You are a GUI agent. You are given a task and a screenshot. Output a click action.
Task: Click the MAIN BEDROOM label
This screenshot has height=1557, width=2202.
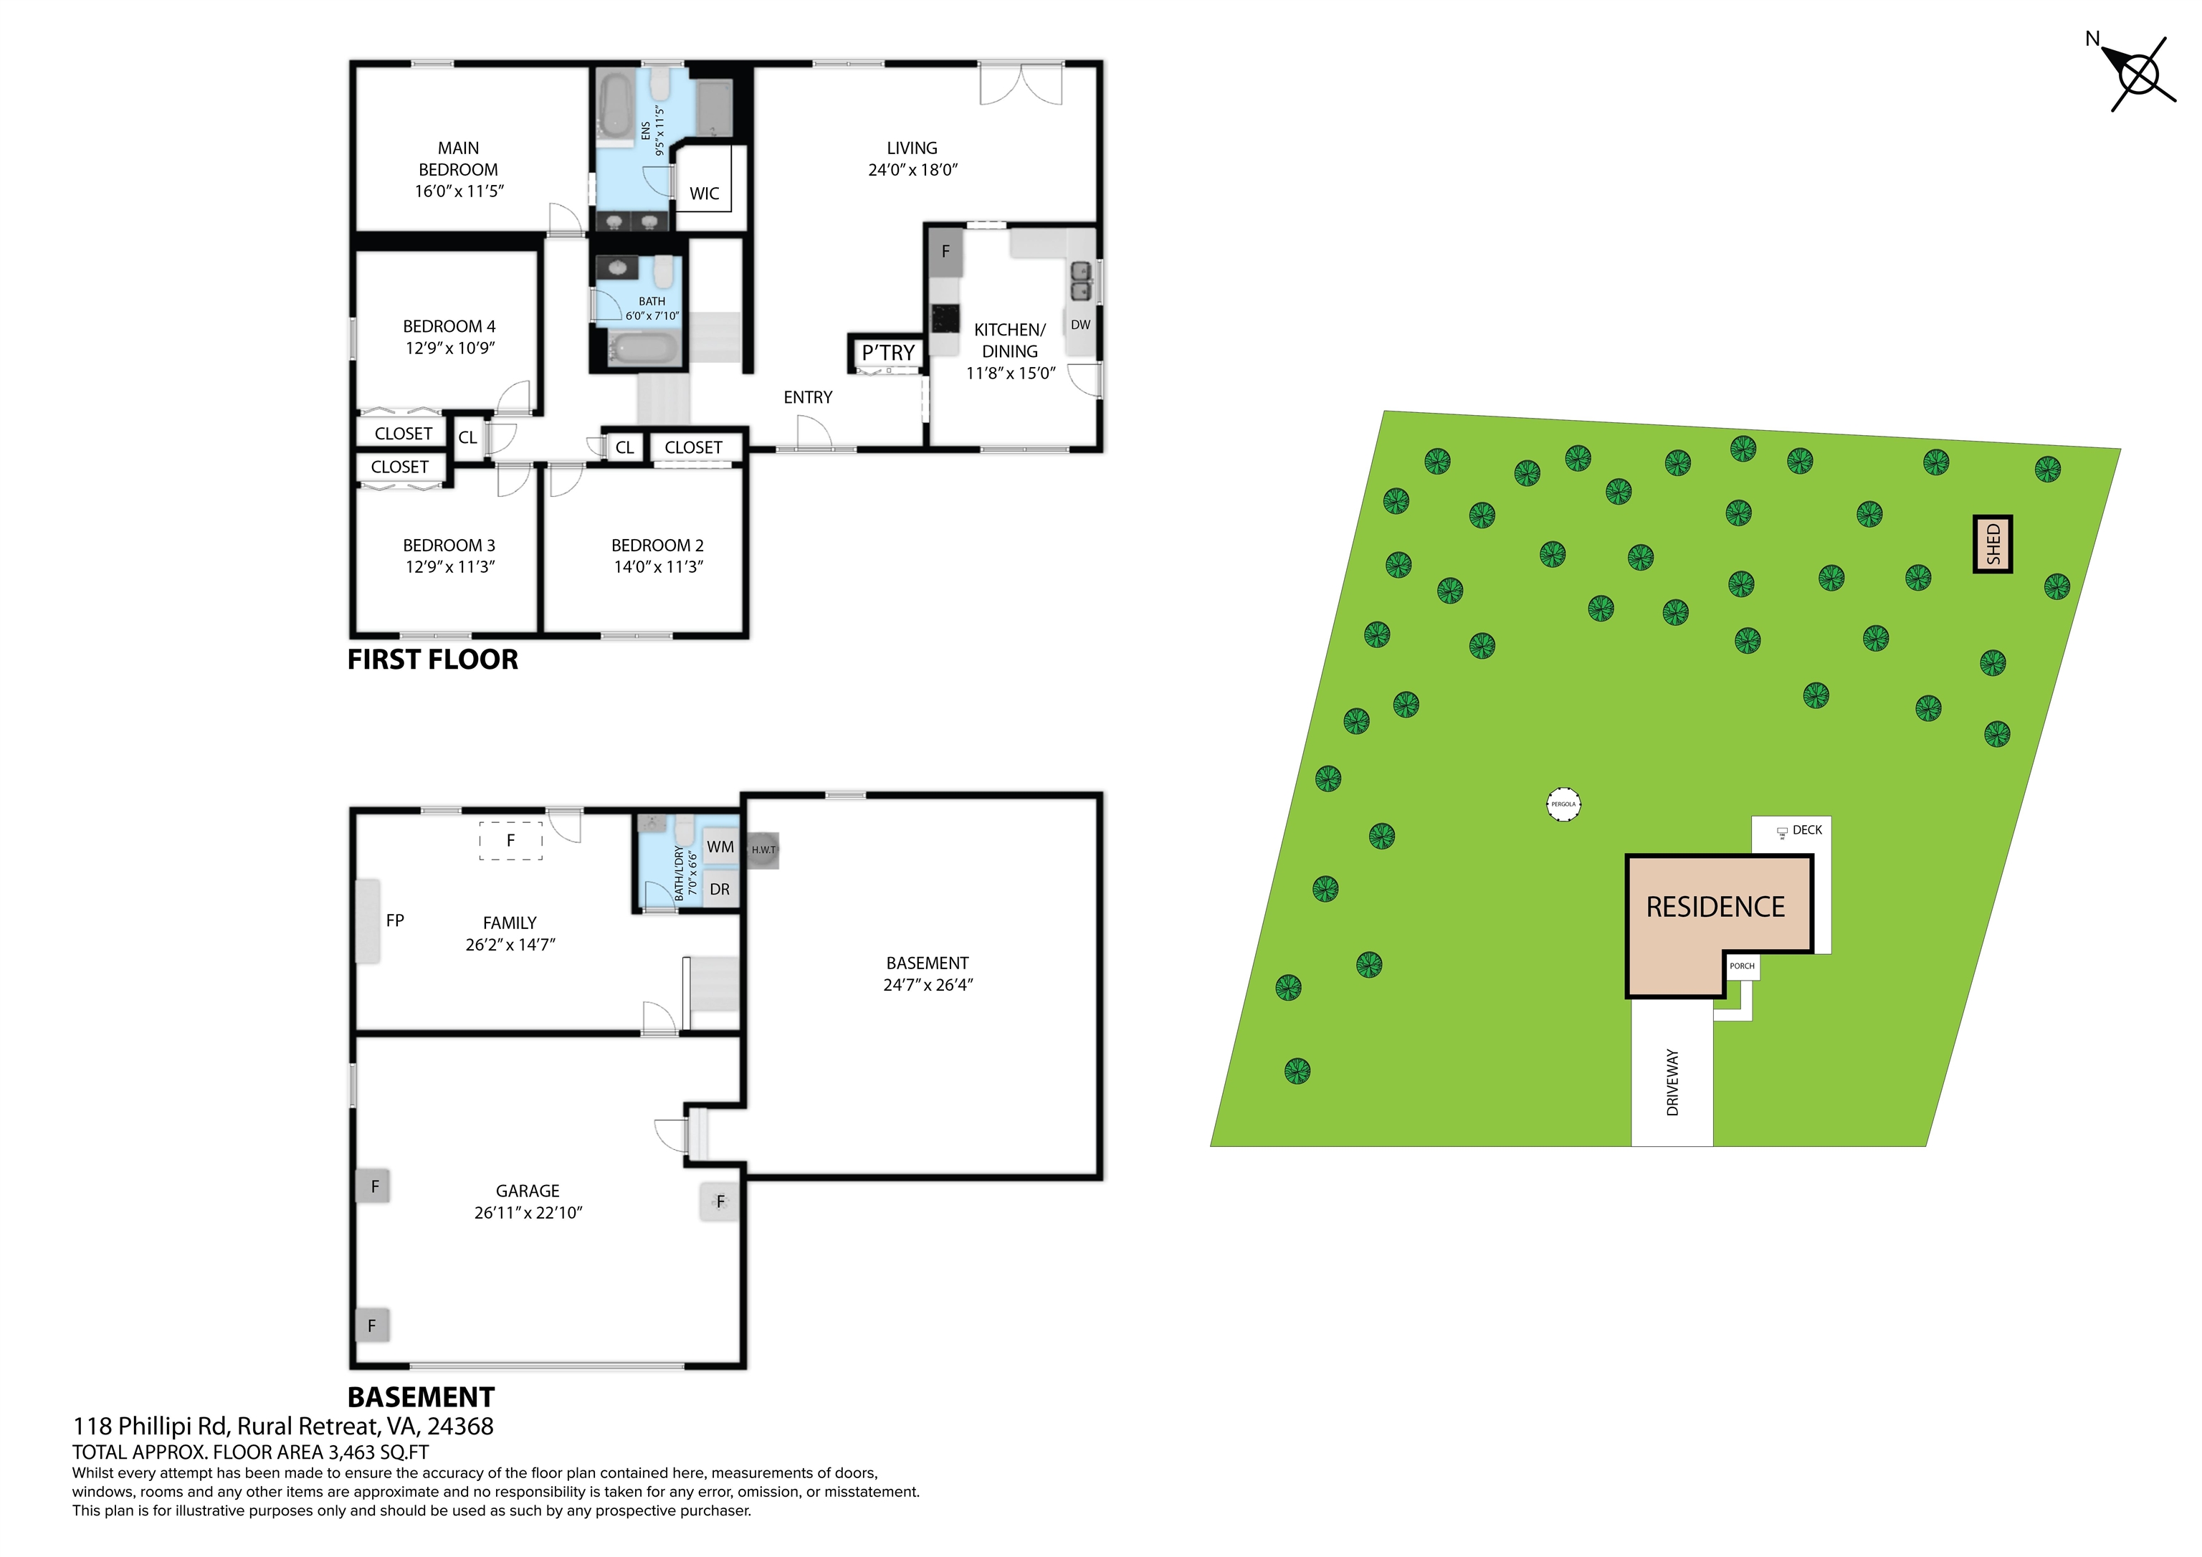[x=459, y=158]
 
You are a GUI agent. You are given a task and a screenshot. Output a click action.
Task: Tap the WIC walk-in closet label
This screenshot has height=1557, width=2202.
[x=704, y=193]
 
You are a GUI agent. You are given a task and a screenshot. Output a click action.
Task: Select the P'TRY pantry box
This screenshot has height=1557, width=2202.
[x=887, y=352]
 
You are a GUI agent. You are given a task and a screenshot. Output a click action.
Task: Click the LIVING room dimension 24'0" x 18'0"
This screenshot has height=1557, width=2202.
[x=912, y=170]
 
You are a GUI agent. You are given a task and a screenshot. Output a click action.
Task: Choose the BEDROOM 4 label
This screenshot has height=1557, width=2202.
[x=449, y=326]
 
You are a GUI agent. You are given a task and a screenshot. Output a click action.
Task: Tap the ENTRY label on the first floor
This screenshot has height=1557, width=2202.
[x=808, y=397]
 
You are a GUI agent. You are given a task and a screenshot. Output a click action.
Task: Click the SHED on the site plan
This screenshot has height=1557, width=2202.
[x=1992, y=544]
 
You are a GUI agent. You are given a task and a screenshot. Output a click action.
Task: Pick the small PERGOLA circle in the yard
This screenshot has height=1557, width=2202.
[x=1563, y=804]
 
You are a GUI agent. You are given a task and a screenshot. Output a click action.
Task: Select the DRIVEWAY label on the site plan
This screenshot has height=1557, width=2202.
[x=1672, y=1082]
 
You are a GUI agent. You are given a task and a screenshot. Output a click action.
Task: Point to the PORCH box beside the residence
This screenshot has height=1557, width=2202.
[x=1742, y=966]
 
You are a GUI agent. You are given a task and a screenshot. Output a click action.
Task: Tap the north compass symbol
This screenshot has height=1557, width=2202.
[x=2137, y=75]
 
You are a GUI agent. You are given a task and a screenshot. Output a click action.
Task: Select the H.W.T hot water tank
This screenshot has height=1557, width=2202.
[x=763, y=850]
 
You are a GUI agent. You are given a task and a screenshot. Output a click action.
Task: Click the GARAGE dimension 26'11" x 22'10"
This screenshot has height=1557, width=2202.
[x=528, y=1213]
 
